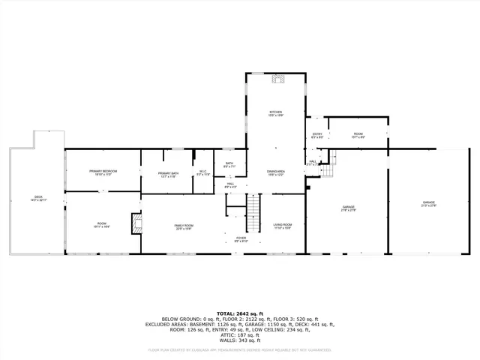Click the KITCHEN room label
pyautogui.click(x=276, y=112)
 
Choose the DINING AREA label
pyautogui.click(x=276, y=173)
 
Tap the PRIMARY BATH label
pyautogui.click(x=168, y=175)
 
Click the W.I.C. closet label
pyautogui.click(x=202, y=173)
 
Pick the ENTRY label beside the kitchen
pyautogui.click(x=317, y=136)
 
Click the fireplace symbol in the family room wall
pyautogui.click(x=136, y=223)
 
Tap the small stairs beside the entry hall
pyautogui.click(x=335, y=158)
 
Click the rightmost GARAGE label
pyautogui.click(x=428, y=204)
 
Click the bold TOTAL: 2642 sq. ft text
pyautogui.click(x=240, y=313)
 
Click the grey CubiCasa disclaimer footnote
pyautogui.click(x=240, y=349)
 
